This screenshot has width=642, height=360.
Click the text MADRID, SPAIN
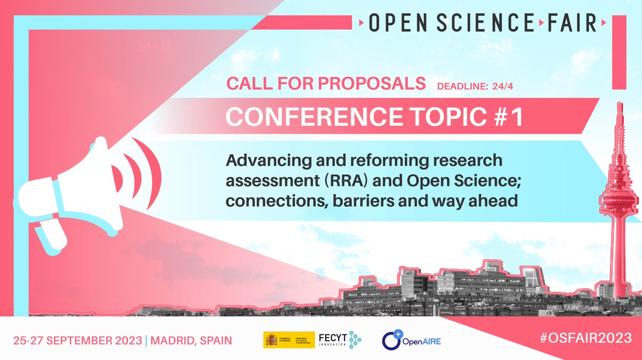click(x=190, y=341)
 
